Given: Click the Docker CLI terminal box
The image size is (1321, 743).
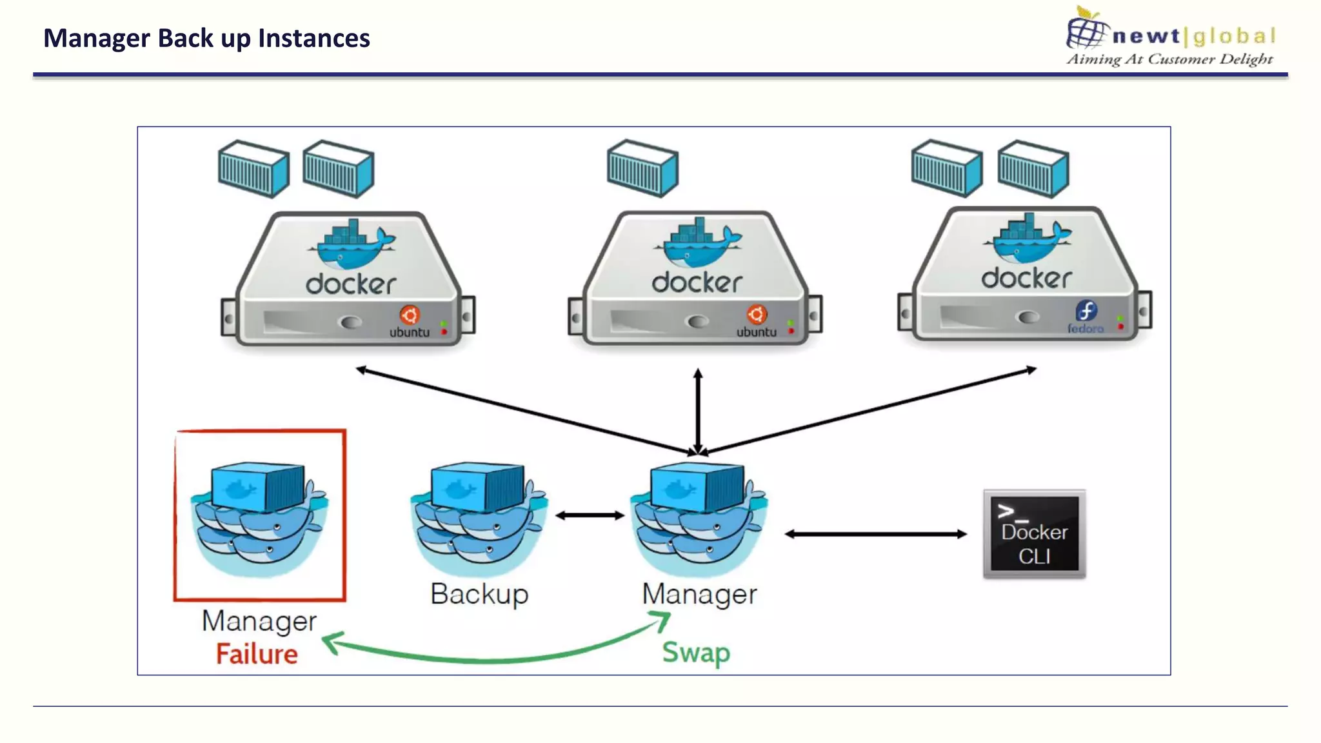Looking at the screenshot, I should point(1034,534).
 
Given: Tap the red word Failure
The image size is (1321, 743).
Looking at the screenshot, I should point(257,654).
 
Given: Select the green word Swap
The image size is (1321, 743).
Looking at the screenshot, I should point(696,652).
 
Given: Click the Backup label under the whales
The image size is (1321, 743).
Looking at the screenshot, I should point(479,593).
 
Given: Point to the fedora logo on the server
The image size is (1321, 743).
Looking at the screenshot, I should point(1086,312).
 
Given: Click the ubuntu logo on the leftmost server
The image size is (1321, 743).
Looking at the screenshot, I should point(410,315).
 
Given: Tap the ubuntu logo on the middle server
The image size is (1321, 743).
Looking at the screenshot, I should point(757,315).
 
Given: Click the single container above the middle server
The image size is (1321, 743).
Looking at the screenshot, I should point(642,168).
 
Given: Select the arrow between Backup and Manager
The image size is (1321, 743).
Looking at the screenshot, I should point(590,515).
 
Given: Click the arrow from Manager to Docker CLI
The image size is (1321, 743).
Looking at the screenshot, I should point(875,534).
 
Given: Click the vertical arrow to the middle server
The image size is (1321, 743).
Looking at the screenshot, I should point(698,410).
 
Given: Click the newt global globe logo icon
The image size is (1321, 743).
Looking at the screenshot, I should point(1087,28).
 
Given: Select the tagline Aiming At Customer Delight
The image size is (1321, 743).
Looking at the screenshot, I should point(1169,59).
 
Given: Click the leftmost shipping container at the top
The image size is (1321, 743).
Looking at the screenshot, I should point(253,168).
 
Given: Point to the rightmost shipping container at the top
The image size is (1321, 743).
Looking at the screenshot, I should point(1033,168).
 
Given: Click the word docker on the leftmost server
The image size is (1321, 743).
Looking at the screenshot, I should point(350,284).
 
